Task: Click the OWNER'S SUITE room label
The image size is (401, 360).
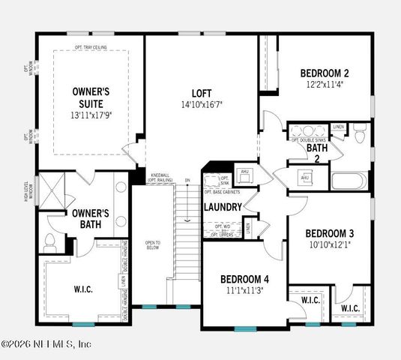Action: [x=87, y=97]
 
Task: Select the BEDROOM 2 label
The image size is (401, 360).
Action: [x=324, y=73]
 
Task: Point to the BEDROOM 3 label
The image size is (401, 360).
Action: [x=330, y=232]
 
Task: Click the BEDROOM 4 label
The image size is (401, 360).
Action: [x=244, y=279]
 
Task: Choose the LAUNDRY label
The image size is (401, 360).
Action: [x=223, y=207]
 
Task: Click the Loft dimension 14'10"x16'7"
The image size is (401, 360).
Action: [x=202, y=105]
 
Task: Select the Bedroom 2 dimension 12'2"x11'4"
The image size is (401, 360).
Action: [x=325, y=85]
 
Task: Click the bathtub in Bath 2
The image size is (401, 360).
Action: [x=349, y=181]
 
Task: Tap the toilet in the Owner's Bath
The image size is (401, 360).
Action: [x=50, y=241]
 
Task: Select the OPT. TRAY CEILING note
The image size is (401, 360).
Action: [x=90, y=47]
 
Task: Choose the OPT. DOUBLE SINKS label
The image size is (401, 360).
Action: [x=308, y=140]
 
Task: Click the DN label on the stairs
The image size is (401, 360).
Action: [x=188, y=181]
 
